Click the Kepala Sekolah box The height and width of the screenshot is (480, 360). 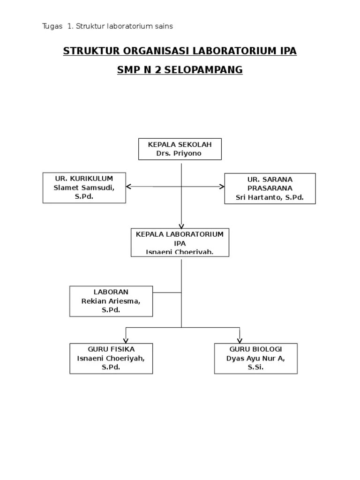180,149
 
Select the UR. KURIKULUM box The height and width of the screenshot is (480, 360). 84,187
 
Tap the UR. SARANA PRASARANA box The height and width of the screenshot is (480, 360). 270,188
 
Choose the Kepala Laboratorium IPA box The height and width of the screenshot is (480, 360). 180,242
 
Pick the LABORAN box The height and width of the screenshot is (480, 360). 111,301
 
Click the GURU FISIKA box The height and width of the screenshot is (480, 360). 111,359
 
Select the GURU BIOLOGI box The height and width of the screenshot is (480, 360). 256,359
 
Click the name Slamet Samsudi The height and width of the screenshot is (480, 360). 84,187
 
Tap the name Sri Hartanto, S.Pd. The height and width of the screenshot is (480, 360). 270,198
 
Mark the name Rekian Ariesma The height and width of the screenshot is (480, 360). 111,301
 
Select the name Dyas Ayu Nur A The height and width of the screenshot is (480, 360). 255,359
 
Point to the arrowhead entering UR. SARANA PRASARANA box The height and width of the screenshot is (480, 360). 222,187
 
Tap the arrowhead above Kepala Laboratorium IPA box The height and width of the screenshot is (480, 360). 181,225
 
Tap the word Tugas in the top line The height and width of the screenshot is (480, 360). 52,26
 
